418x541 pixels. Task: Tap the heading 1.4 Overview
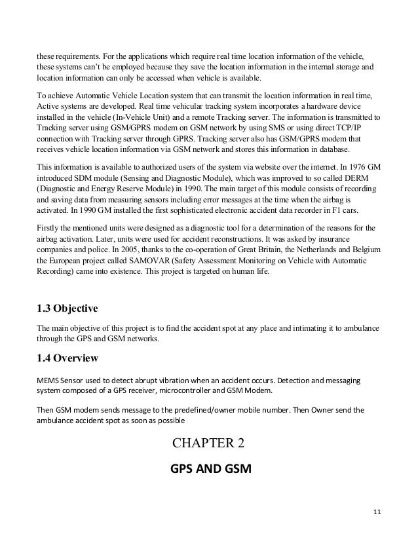click(x=67, y=358)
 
